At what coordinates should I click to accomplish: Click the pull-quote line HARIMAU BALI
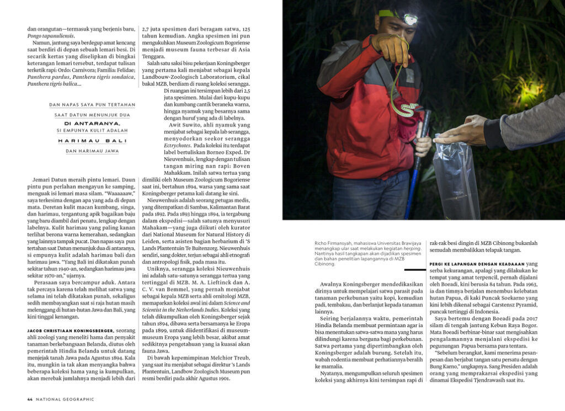(92, 141)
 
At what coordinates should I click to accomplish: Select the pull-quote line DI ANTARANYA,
(92, 123)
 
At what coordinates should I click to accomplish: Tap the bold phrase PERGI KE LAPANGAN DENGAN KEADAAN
(477, 264)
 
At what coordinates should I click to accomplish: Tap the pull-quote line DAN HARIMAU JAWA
(92, 151)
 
